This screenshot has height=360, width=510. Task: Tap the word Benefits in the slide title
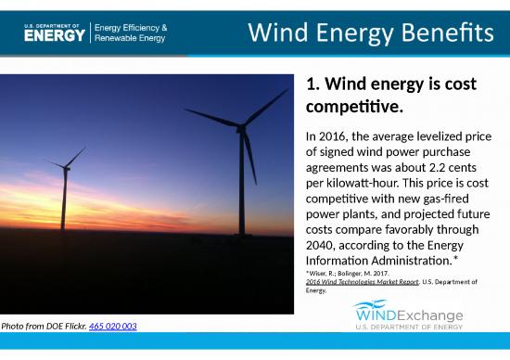pos(447,33)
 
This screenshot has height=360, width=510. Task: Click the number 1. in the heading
pos(313,85)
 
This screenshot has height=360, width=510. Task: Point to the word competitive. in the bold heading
pos(353,109)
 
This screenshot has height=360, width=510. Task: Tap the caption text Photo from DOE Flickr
pos(44,327)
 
